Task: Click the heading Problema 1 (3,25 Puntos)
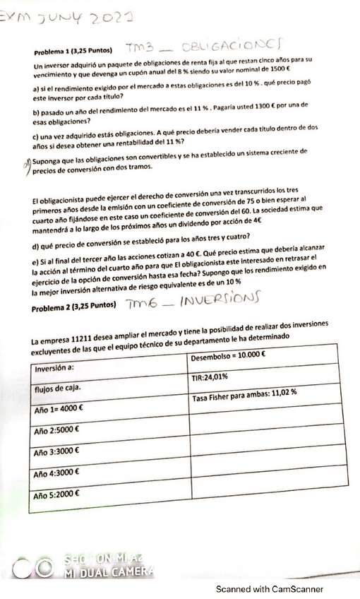coord(73,52)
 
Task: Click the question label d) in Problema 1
coord(36,246)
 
